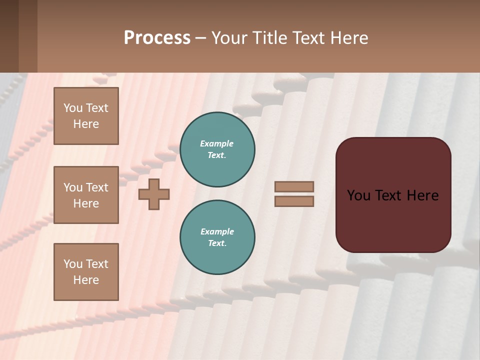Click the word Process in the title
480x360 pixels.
(x=157, y=38)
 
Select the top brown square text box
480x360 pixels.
(x=86, y=116)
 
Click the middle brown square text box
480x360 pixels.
(x=86, y=195)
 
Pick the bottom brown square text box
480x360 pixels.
(x=86, y=272)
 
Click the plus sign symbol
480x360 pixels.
(x=154, y=194)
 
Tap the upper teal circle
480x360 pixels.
(x=217, y=149)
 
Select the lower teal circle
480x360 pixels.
(x=217, y=237)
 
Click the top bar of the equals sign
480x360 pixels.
(x=294, y=186)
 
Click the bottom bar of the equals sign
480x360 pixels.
(x=294, y=201)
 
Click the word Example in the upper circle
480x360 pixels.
(x=217, y=143)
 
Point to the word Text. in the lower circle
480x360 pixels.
(x=217, y=243)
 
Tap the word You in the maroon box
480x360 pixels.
(x=358, y=195)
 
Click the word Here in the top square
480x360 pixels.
(x=86, y=124)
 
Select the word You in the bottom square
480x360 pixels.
(x=73, y=264)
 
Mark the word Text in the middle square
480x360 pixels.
(x=97, y=187)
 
